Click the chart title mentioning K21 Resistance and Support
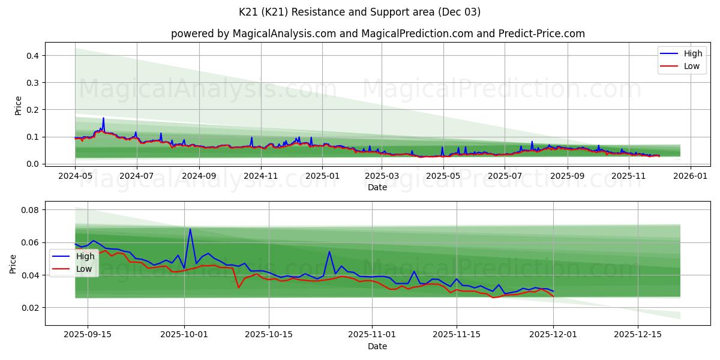pos(360,12)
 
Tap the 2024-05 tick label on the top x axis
pos(75,176)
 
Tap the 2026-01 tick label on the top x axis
pos(691,176)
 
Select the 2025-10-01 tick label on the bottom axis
pos(184,334)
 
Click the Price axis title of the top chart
pos(18,106)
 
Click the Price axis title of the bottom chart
pos(13,263)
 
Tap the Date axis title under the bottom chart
pos(377,346)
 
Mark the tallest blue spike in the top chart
pos(103,118)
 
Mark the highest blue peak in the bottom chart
pos(190,229)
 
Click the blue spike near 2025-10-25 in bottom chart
pos(329,251)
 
